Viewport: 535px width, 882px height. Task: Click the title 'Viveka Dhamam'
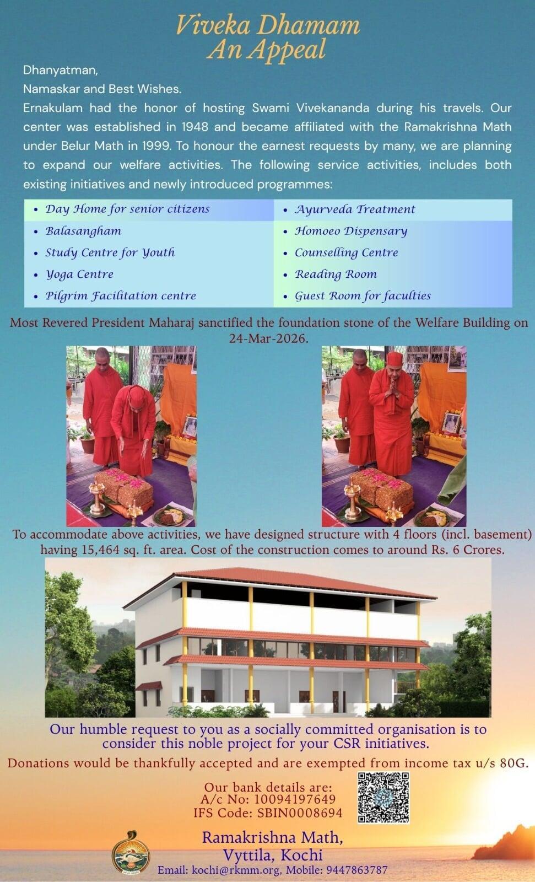268,25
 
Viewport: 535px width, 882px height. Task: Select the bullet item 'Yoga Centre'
79,274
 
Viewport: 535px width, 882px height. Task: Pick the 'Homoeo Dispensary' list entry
351,231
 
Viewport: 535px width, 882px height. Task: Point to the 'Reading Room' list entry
336,274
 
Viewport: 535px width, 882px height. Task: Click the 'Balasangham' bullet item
83,231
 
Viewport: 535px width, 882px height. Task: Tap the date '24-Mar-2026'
268,338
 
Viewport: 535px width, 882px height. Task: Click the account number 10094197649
295,799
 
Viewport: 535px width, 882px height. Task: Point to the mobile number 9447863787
358,870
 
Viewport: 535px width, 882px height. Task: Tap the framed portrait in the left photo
190,427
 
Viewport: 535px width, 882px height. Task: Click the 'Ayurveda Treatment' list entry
355,209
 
